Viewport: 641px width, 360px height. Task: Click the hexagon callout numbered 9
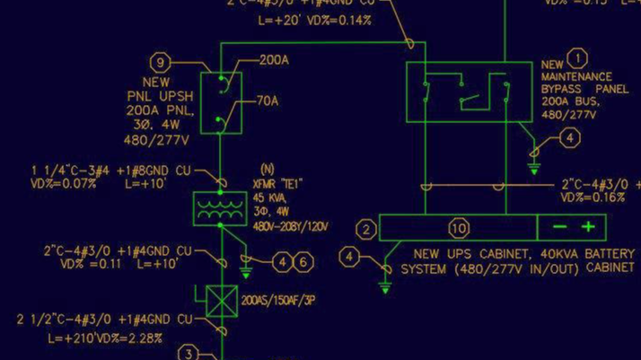pyautogui.click(x=161, y=62)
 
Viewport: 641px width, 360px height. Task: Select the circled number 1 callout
pyautogui.click(x=577, y=58)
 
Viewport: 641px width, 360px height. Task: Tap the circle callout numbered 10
pyautogui.click(x=459, y=229)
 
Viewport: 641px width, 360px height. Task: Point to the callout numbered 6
pyautogui.click(x=304, y=262)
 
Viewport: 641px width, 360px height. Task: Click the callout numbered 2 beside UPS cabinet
pyautogui.click(x=365, y=230)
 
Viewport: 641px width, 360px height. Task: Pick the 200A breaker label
pyautogui.click(x=274, y=61)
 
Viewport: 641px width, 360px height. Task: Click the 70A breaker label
pyautogui.click(x=268, y=101)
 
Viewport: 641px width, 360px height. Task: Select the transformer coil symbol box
pyautogui.click(x=220, y=209)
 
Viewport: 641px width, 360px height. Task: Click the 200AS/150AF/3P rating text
pyautogui.click(x=277, y=301)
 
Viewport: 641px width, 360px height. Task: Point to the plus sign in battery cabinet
pyautogui.click(x=588, y=228)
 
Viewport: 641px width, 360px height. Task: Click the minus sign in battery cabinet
pyautogui.click(x=558, y=228)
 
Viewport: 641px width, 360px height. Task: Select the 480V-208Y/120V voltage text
pyautogui.click(x=293, y=225)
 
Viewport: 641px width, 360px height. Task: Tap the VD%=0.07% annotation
pyautogui.click(x=66, y=183)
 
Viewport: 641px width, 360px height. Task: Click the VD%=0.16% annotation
pyautogui.click(x=593, y=198)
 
